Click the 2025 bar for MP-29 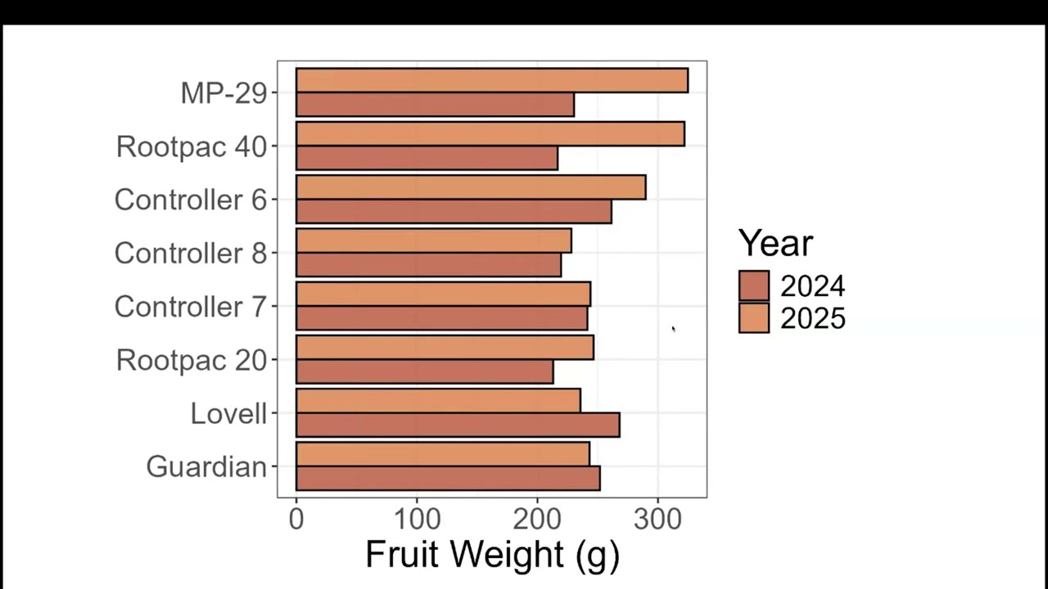coord(492,80)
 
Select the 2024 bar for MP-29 coord(435,104)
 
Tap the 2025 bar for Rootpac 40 coord(490,133)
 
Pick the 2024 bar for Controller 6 coord(454,211)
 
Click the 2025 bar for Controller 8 coord(434,241)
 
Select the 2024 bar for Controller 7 coord(441,318)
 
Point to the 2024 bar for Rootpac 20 coord(425,371)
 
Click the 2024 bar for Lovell coord(458,425)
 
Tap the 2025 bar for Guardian coord(443,454)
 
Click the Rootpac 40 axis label coord(192,146)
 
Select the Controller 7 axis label coord(191,307)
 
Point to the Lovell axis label coord(228,414)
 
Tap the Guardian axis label coord(207,467)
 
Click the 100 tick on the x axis coord(418,519)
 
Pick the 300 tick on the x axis coord(657,519)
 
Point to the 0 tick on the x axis coord(296,519)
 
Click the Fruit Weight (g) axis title coord(492,555)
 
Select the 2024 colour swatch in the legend coord(754,286)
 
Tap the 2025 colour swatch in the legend coord(754,318)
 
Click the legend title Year coord(775,243)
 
